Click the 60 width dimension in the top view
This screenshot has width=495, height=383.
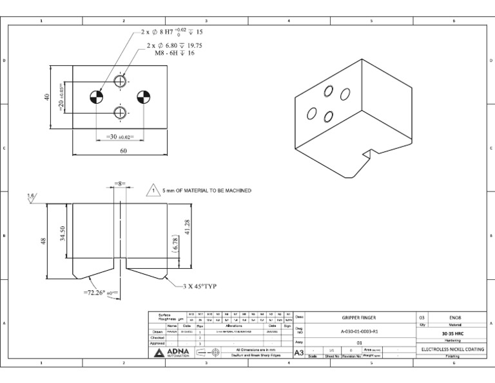click(x=123, y=150)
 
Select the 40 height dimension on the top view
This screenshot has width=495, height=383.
click(x=46, y=97)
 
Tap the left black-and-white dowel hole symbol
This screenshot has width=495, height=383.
click(x=96, y=97)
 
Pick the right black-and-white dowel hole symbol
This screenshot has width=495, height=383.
click(x=143, y=97)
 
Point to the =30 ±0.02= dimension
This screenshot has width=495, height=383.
click(x=119, y=137)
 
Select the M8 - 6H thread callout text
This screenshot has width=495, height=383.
click(x=174, y=53)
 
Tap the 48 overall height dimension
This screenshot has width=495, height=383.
click(x=44, y=241)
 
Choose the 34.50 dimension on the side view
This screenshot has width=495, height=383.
click(x=63, y=233)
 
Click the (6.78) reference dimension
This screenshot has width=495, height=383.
click(x=175, y=243)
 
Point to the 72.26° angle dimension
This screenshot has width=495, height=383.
click(x=100, y=293)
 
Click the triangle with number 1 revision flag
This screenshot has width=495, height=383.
click(x=153, y=190)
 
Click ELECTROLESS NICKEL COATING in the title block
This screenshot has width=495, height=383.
click(x=449, y=349)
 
